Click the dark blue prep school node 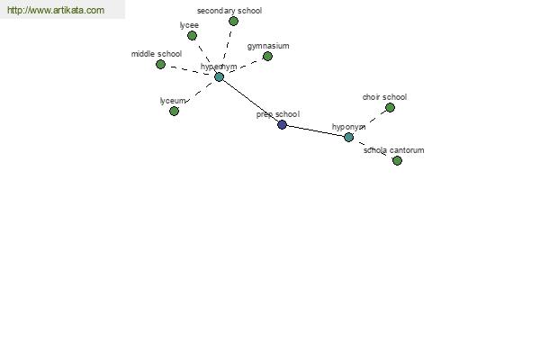point(282,125)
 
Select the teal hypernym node point(219,76)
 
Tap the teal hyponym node point(348,137)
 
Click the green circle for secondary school point(233,22)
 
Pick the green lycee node point(193,35)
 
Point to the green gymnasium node point(267,56)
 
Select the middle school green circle point(160,65)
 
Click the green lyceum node point(175,111)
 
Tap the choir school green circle point(390,108)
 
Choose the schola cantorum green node point(397,160)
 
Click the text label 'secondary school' point(229,11)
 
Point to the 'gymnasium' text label point(268,46)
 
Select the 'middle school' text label point(157,54)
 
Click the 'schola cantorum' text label point(394,150)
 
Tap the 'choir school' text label point(384,97)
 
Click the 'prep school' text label point(278,114)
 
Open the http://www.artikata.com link point(56,10)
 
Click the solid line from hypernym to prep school point(251,101)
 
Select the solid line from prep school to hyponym point(316,130)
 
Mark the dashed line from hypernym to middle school point(190,70)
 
